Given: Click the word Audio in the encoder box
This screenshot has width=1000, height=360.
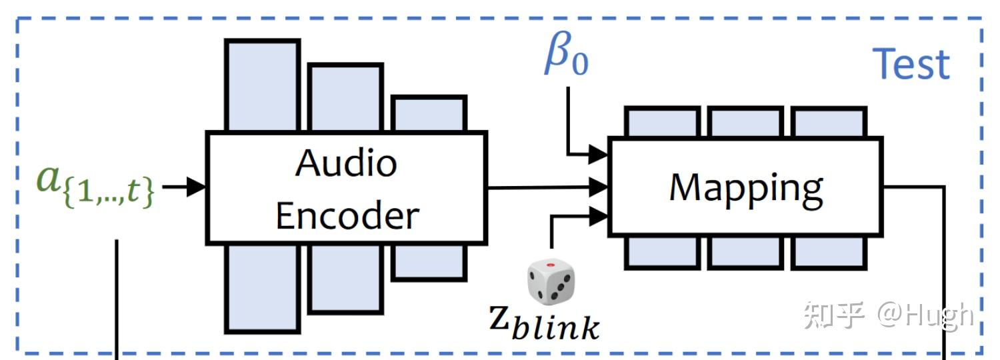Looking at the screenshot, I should coord(346,162).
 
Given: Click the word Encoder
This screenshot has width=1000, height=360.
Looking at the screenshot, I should coord(347,215).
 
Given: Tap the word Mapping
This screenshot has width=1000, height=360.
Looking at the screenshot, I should coord(746,187).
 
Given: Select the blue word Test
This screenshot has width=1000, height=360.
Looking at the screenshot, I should coord(912,64).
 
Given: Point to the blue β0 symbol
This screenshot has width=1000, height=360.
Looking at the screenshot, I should coord(566,58).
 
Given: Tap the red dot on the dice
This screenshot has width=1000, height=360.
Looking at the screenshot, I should coord(551,265).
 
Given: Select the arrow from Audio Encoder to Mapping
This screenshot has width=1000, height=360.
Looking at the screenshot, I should coord(547,187).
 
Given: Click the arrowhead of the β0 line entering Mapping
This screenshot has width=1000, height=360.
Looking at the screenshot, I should coord(601,155).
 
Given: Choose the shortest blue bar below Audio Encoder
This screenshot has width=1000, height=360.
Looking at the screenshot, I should coord(428,261).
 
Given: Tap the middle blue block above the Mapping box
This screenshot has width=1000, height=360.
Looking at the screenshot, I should coord(745,121).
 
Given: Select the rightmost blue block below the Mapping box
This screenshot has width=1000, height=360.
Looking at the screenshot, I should coord(828,252).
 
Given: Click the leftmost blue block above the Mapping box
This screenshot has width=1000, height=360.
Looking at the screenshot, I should coord(662,121).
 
